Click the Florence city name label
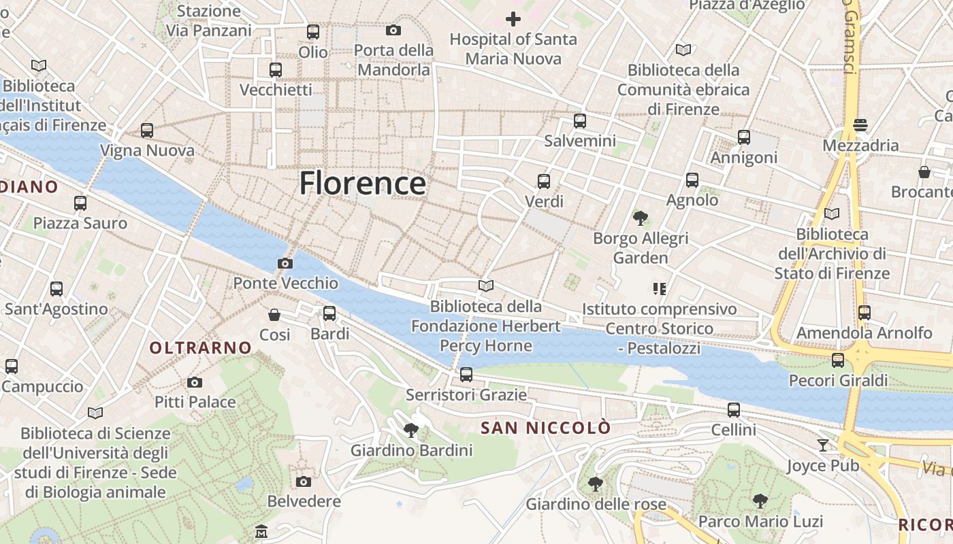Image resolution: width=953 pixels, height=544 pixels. (363, 184)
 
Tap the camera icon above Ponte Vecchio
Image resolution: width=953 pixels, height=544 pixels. (285, 263)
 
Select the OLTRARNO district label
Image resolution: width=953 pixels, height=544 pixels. (201, 348)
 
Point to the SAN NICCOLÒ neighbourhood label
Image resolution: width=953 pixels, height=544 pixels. (546, 428)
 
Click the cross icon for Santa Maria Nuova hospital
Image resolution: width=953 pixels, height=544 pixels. (513, 18)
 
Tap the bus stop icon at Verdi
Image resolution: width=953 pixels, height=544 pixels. (543, 182)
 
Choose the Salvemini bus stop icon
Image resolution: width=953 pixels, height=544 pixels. (579, 121)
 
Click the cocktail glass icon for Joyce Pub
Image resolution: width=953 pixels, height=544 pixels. (823, 445)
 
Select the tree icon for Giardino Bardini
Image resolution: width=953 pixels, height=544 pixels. (410, 430)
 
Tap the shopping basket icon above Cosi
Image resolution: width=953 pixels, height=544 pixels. (274, 315)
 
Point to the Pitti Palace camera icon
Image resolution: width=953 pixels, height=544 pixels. (195, 382)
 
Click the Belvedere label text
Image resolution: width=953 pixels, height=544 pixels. (304, 502)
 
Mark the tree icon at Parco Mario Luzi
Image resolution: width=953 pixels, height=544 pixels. (760, 501)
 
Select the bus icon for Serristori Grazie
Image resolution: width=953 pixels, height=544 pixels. (466, 374)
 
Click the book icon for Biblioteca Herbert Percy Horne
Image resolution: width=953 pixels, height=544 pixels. (485, 286)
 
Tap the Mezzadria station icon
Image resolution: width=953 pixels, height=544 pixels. (860, 125)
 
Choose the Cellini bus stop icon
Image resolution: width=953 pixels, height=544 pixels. (733, 410)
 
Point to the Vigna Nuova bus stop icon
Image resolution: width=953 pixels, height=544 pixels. (146, 131)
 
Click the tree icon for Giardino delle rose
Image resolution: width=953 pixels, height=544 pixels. (595, 484)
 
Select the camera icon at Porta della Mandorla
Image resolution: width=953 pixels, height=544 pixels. (393, 30)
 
